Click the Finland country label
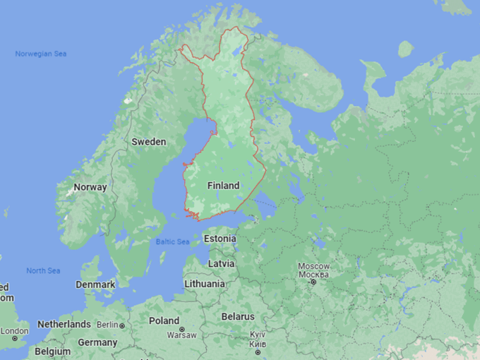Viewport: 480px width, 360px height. pyautogui.click(x=223, y=186)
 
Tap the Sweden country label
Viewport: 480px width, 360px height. pyautogui.click(x=149, y=142)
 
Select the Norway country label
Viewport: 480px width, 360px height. pyautogui.click(x=90, y=187)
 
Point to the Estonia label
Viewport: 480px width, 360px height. pyautogui.click(x=220, y=239)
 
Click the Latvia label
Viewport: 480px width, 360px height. pyautogui.click(x=221, y=263)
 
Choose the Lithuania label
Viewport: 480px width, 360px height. pyautogui.click(x=205, y=284)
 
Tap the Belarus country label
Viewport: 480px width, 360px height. pyautogui.click(x=237, y=316)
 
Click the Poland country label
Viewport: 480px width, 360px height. pyautogui.click(x=164, y=320)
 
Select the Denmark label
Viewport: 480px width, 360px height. pyautogui.click(x=95, y=284)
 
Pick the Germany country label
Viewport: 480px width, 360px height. pyautogui.click(x=97, y=342)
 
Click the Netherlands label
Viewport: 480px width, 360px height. pyautogui.click(x=64, y=324)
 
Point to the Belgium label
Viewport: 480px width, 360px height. pyautogui.click(x=53, y=351)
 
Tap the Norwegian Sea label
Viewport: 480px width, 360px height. pyautogui.click(x=41, y=54)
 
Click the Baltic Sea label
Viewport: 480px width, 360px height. pyautogui.click(x=173, y=242)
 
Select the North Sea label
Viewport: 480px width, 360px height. pyautogui.click(x=43, y=271)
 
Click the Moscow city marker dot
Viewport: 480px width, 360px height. pyautogui.click(x=312, y=282)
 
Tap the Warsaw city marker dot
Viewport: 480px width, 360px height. pyautogui.click(x=182, y=330)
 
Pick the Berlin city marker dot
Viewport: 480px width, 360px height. pyautogui.click(x=122, y=325)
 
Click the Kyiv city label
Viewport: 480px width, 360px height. pyautogui.click(x=258, y=338)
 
